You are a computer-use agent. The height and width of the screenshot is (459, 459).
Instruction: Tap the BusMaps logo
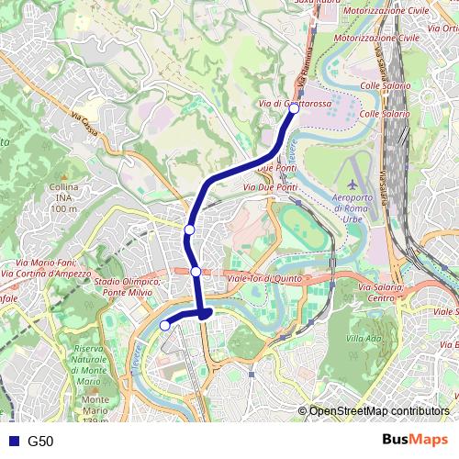tap(414, 441)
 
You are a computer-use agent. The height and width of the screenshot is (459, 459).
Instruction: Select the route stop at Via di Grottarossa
tap(294, 107)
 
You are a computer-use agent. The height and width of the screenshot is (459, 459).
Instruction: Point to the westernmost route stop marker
tap(165, 325)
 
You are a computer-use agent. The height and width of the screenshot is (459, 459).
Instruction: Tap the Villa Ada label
tap(364, 339)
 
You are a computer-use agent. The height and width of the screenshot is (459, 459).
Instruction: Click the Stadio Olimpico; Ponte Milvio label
tap(128, 286)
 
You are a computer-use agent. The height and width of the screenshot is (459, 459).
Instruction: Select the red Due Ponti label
tap(277, 170)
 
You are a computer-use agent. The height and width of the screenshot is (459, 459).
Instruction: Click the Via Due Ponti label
tap(271, 187)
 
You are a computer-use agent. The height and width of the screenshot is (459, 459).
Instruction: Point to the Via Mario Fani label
tap(46, 263)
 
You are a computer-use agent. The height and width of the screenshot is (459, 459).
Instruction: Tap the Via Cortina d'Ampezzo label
tap(46, 274)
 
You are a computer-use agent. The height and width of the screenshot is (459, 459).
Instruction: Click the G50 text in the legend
tap(41, 442)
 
